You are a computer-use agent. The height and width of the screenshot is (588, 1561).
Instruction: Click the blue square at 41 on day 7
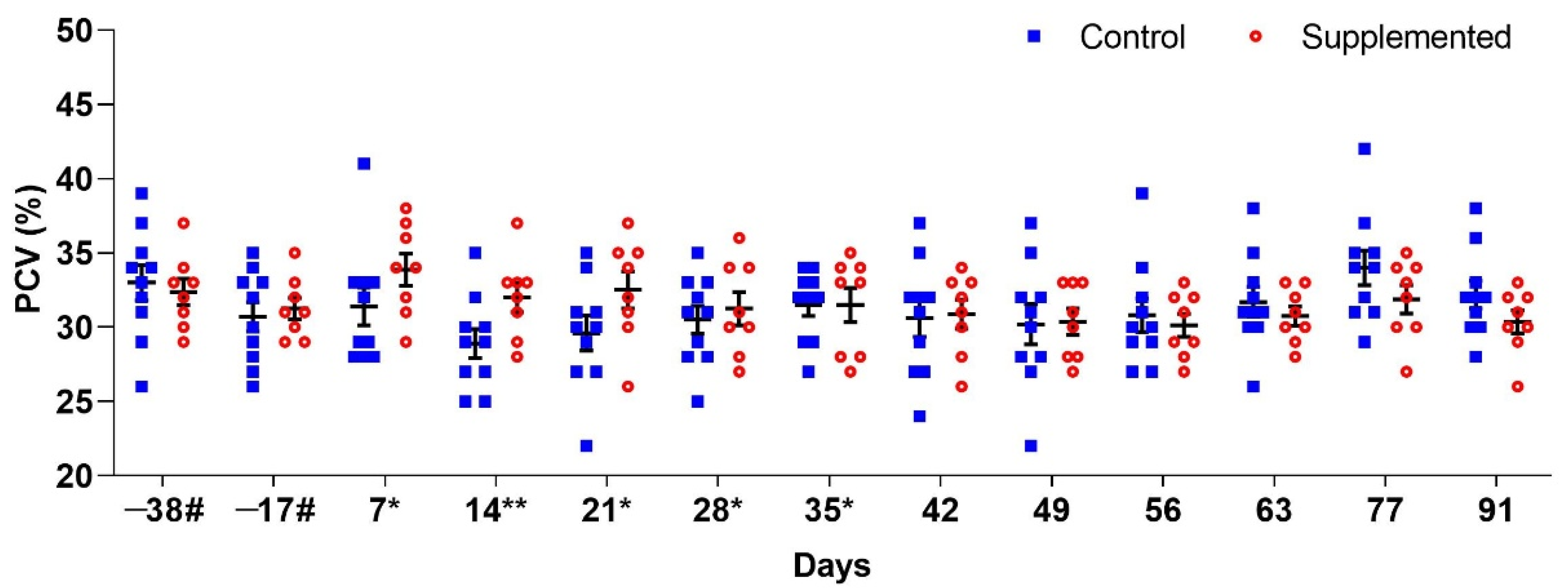click(x=364, y=164)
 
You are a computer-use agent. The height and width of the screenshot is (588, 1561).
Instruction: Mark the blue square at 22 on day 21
click(x=586, y=446)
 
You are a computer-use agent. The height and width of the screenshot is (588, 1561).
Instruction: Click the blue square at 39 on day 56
click(x=1142, y=193)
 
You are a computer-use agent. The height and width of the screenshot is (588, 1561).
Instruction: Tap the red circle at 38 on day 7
click(x=406, y=208)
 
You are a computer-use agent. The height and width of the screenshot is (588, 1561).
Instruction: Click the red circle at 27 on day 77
click(x=1406, y=372)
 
